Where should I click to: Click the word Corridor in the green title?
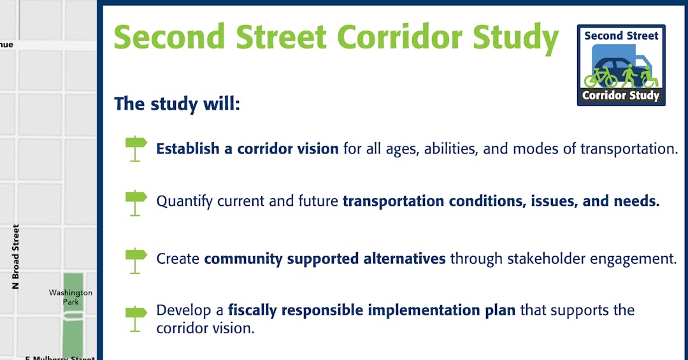pyautogui.click(x=399, y=37)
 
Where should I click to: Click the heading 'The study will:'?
pyautogui.click(x=177, y=104)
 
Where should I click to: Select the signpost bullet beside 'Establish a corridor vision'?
pyautogui.click(x=136, y=148)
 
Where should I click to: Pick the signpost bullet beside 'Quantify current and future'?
pyautogui.click(x=136, y=203)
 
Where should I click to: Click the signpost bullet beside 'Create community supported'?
pyautogui.click(x=136, y=261)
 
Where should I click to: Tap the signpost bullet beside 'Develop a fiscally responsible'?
pyautogui.click(x=136, y=319)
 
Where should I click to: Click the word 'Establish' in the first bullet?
pyautogui.click(x=188, y=148)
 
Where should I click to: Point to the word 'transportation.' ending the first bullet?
pyautogui.click(x=629, y=149)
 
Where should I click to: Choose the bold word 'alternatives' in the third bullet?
pyautogui.click(x=404, y=259)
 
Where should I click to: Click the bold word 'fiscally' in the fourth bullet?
pyautogui.click(x=252, y=311)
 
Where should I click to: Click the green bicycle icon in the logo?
pyautogui.click(x=600, y=78)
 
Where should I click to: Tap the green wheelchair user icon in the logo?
pyautogui.click(x=649, y=76)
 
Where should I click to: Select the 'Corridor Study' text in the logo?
pyautogui.click(x=621, y=96)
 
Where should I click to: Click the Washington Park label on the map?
pyautogui.click(x=71, y=297)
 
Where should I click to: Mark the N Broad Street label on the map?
pyautogui.click(x=16, y=257)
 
